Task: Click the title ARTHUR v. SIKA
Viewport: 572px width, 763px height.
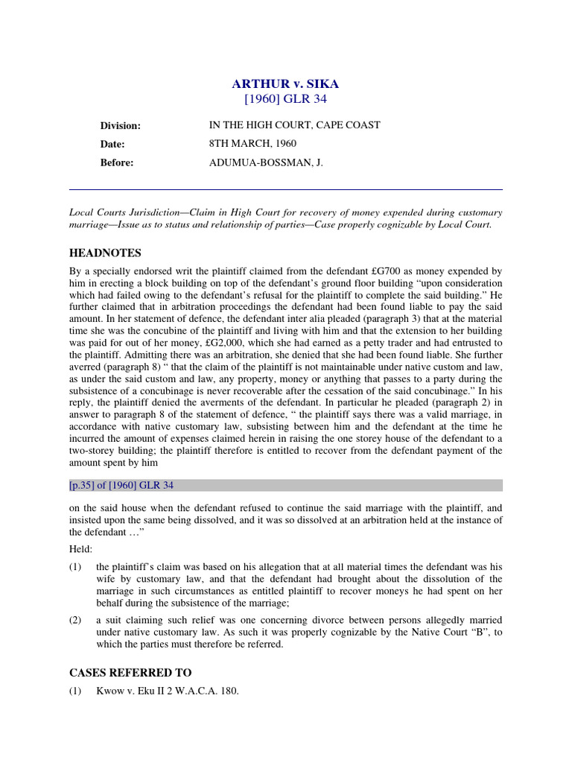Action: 287,83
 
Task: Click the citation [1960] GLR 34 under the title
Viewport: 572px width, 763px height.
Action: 287,98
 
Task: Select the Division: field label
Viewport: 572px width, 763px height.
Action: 121,126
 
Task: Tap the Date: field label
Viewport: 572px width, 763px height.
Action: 112,145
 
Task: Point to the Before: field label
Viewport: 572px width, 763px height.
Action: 117,163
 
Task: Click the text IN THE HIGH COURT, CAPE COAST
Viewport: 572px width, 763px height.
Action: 294,125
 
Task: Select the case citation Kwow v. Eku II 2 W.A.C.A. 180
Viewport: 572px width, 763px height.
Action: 168,691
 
